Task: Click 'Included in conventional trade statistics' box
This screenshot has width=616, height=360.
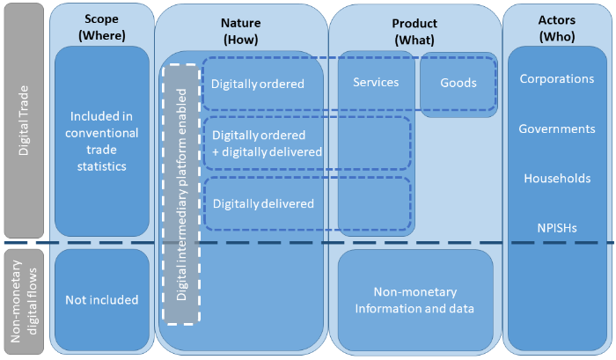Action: pyautogui.click(x=102, y=141)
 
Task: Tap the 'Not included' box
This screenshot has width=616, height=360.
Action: pyautogui.click(x=102, y=300)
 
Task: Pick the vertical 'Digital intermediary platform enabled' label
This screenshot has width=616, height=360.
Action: pyautogui.click(x=182, y=195)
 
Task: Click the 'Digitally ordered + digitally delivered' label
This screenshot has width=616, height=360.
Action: pyautogui.click(x=267, y=143)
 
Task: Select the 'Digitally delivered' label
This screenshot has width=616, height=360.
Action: pyautogui.click(x=262, y=203)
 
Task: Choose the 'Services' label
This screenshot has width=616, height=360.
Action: pyautogui.click(x=376, y=83)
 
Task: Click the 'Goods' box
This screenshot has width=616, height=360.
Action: pyautogui.click(x=458, y=83)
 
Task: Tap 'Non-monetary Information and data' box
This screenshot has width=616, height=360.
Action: pyautogui.click(x=414, y=300)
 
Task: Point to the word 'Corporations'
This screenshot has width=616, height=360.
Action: pyautogui.click(x=556, y=78)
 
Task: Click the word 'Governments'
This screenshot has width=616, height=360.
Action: pyautogui.click(x=556, y=129)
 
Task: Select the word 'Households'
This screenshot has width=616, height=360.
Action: pyautogui.click(x=556, y=178)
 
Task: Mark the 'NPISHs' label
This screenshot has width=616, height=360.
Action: pyautogui.click(x=556, y=227)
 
